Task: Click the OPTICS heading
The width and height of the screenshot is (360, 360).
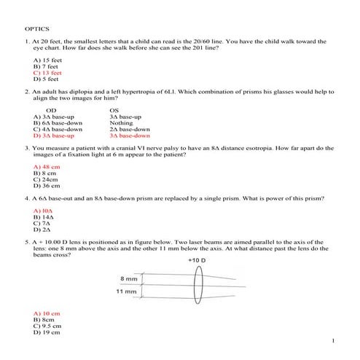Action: click(37, 29)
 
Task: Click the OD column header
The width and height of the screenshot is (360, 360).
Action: click(51, 110)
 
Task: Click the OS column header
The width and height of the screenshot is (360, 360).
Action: click(114, 110)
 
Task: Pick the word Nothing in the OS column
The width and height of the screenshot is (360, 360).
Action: click(122, 122)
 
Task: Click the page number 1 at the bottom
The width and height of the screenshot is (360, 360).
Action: click(332, 340)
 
